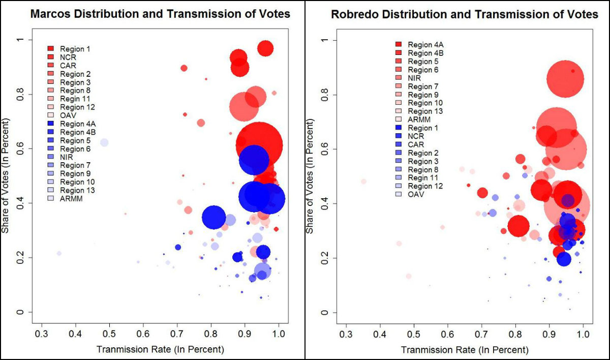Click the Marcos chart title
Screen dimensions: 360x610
160,14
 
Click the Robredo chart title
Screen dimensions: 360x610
465,14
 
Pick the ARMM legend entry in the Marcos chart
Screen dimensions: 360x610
71,199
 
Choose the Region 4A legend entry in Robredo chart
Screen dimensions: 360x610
422,45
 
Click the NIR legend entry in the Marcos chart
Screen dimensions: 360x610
67,157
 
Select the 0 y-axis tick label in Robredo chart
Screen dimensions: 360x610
326,312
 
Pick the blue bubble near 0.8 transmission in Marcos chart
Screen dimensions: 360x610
214,217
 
